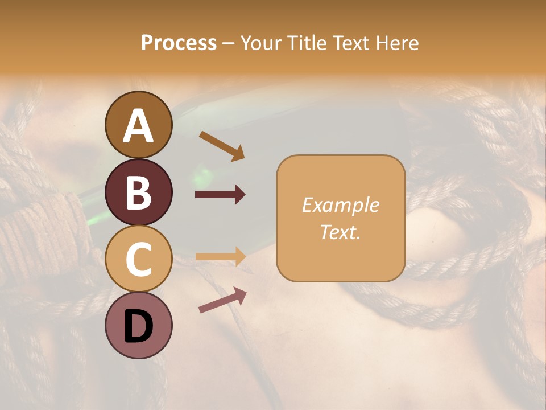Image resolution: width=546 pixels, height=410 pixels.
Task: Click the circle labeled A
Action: (x=139, y=125)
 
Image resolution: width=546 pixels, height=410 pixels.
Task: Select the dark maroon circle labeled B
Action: (x=139, y=192)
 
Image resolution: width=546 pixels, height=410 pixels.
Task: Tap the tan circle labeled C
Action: (x=139, y=259)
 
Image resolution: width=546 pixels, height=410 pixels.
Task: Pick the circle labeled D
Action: (x=139, y=325)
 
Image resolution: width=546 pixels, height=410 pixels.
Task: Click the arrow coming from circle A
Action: (x=222, y=146)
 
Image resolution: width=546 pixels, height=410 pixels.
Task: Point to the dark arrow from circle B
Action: (x=220, y=195)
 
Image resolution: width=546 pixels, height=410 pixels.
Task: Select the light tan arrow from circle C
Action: (x=220, y=257)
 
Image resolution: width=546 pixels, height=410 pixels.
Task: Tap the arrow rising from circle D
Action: (x=222, y=300)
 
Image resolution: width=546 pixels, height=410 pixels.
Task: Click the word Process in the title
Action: (x=179, y=43)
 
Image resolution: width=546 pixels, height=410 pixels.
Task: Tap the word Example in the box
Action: (x=340, y=205)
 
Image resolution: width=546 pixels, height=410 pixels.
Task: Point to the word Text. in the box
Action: (x=340, y=232)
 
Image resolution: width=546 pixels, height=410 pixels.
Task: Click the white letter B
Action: (x=139, y=192)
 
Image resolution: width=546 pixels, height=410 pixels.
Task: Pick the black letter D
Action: (x=139, y=325)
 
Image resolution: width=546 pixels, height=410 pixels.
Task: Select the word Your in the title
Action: (x=263, y=43)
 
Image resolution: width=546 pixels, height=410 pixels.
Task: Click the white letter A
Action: (x=139, y=126)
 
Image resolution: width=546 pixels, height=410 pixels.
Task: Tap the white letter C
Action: (x=139, y=259)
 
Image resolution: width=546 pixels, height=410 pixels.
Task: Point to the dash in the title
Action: (x=228, y=43)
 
